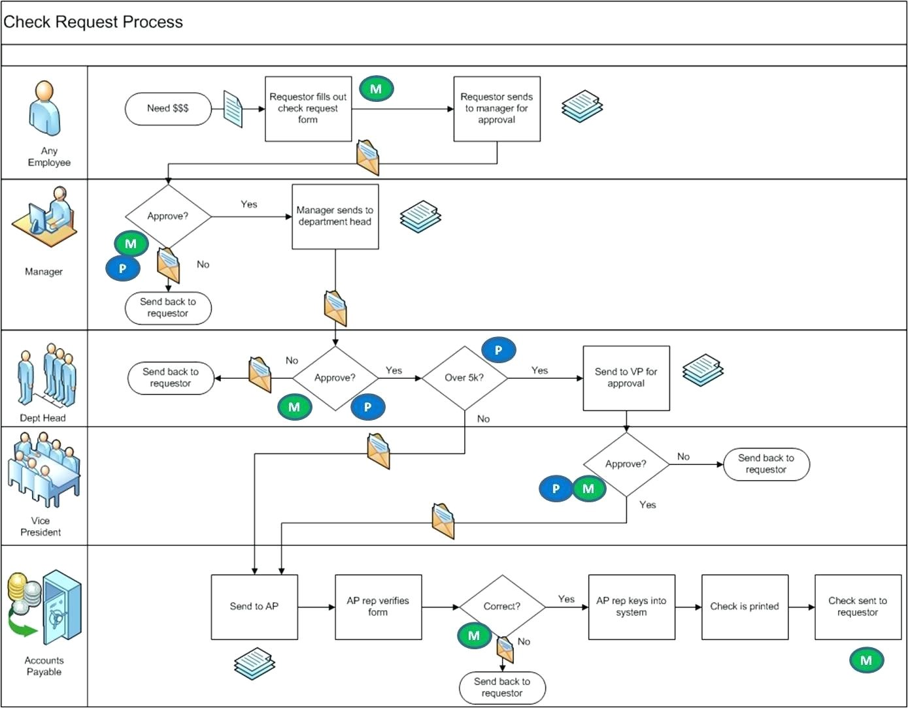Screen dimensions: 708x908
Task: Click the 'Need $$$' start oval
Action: pyautogui.click(x=168, y=108)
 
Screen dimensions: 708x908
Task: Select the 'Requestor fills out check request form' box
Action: pyautogui.click(x=308, y=108)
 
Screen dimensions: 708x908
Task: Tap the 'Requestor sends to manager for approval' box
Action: pyautogui.click(x=497, y=108)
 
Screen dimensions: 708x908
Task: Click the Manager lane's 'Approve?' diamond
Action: pyautogui.click(x=168, y=216)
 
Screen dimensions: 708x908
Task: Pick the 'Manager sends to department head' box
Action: pyautogui.click(x=335, y=216)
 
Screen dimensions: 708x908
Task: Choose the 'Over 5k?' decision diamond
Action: pyautogui.click(x=464, y=378)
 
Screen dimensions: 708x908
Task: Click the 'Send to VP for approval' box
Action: pyautogui.click(x=626, y=378)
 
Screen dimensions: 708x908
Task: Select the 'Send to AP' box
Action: pyautogui.click(x=254, y=607)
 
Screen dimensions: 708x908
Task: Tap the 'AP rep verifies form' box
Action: pyautogui.click(x=378, y=607)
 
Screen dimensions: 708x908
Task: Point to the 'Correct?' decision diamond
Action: pyautogui.click(x=501, y=607)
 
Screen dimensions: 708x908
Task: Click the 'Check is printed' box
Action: pyautogui.click(x=745, y=607)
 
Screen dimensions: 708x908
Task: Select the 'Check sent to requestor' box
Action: pyautogui.click(x=858, y=607)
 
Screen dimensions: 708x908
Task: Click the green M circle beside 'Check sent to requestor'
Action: pyautogui.click(x=866, y=660)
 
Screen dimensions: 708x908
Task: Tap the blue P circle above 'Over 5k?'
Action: pyautogui.click(x=498, y=350)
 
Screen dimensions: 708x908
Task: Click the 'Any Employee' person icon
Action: pyautogui.click(x=44, y=108)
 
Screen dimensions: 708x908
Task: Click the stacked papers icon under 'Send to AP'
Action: pyautogui.click(x=254, y=664)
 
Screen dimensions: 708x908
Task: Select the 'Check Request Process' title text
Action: pyautogui.click(x=93, y=22)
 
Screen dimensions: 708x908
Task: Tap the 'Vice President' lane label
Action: pyautogui.click(x=41, y=526)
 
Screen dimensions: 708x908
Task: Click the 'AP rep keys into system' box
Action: pyautogui.click(x=631, y=607)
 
